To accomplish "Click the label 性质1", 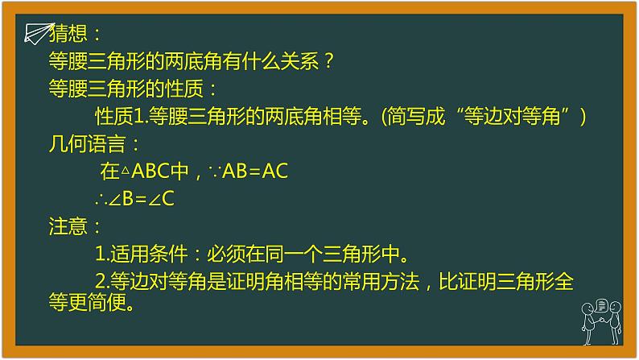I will coord(119,117).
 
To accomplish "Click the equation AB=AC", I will coord(255,172).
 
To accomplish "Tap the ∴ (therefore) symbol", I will coord(101,199).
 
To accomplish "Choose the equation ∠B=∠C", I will coord(142,199).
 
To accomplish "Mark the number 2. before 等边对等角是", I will coord(101,282).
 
